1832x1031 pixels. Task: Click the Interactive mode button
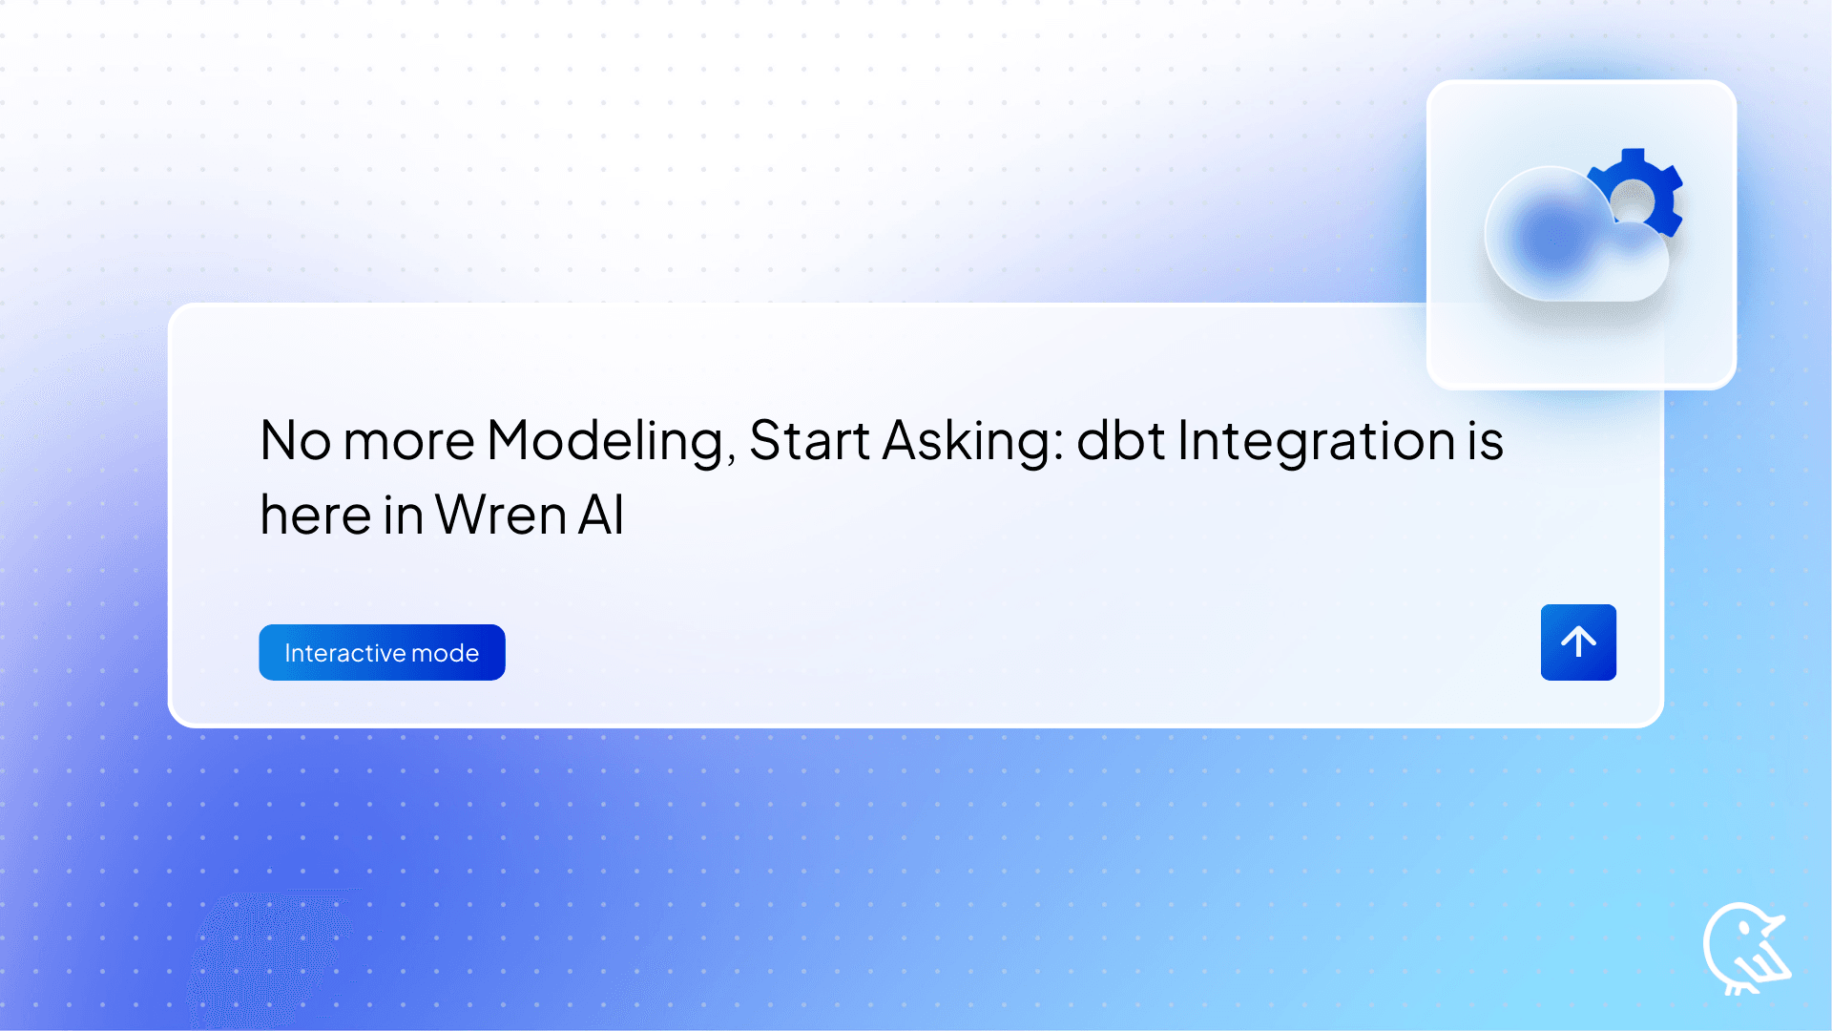pyautogui.click(x=382, y=652)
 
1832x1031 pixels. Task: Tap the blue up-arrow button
pyautogui.click(x=1578, y=642)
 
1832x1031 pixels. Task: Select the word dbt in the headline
pyautogui.click(x=1120, y=442)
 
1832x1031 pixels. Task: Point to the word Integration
pyautogui.click(x=1317, y=442)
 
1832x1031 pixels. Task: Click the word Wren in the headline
pyautogui.click(x=501, y=516)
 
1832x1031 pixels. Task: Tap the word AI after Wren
pyautogui.click(x=601, y=516)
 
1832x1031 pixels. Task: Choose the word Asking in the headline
pyautogui.click(x=973, y=442)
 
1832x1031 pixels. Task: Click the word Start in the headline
pyautogui.click(x=809, y=442)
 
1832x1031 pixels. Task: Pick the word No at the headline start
pyautogui.click(x=295, y=442)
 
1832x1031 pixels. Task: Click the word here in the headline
pyautogui.click(x=316, y=516)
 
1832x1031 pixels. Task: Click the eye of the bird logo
pyautogui.click(x=1745, y=927)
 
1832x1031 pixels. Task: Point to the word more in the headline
pyautogui.click(x=408, y=442)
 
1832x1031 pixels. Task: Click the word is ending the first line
pyautogui.click(x=1486, y=442)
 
